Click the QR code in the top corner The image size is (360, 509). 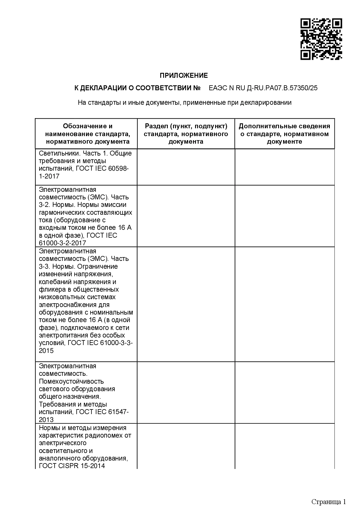click(321, 39)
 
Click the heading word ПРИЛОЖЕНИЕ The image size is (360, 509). click(184, 76)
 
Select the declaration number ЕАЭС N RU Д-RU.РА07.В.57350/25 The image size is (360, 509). click(263, 88)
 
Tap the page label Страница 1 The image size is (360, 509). click(329, 502)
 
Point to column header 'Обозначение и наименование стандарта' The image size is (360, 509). click(88, 134)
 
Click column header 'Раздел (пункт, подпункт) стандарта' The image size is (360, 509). click(186, 134)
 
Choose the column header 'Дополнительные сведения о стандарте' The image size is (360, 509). click(284, 134)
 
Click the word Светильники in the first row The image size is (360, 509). click(56, 153)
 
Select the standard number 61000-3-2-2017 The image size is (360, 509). click(62, 243)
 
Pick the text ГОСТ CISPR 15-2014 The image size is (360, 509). click(72, 466)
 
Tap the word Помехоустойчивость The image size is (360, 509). click(71, 381)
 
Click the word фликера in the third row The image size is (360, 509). click(49, 289)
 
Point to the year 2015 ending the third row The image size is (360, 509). click(46, 351)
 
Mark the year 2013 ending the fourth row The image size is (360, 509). click(46, 420)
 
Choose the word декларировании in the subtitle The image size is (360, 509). click(266, 102)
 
